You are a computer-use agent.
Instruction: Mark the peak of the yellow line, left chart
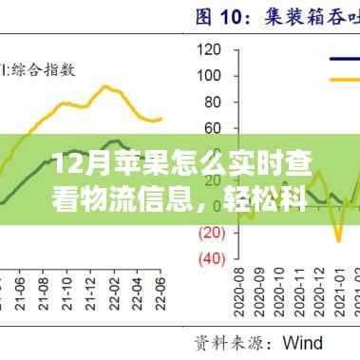pyautogui.click(x=105, y=86)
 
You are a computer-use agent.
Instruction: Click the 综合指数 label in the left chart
pyautogui.click(x=44, y=68)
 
